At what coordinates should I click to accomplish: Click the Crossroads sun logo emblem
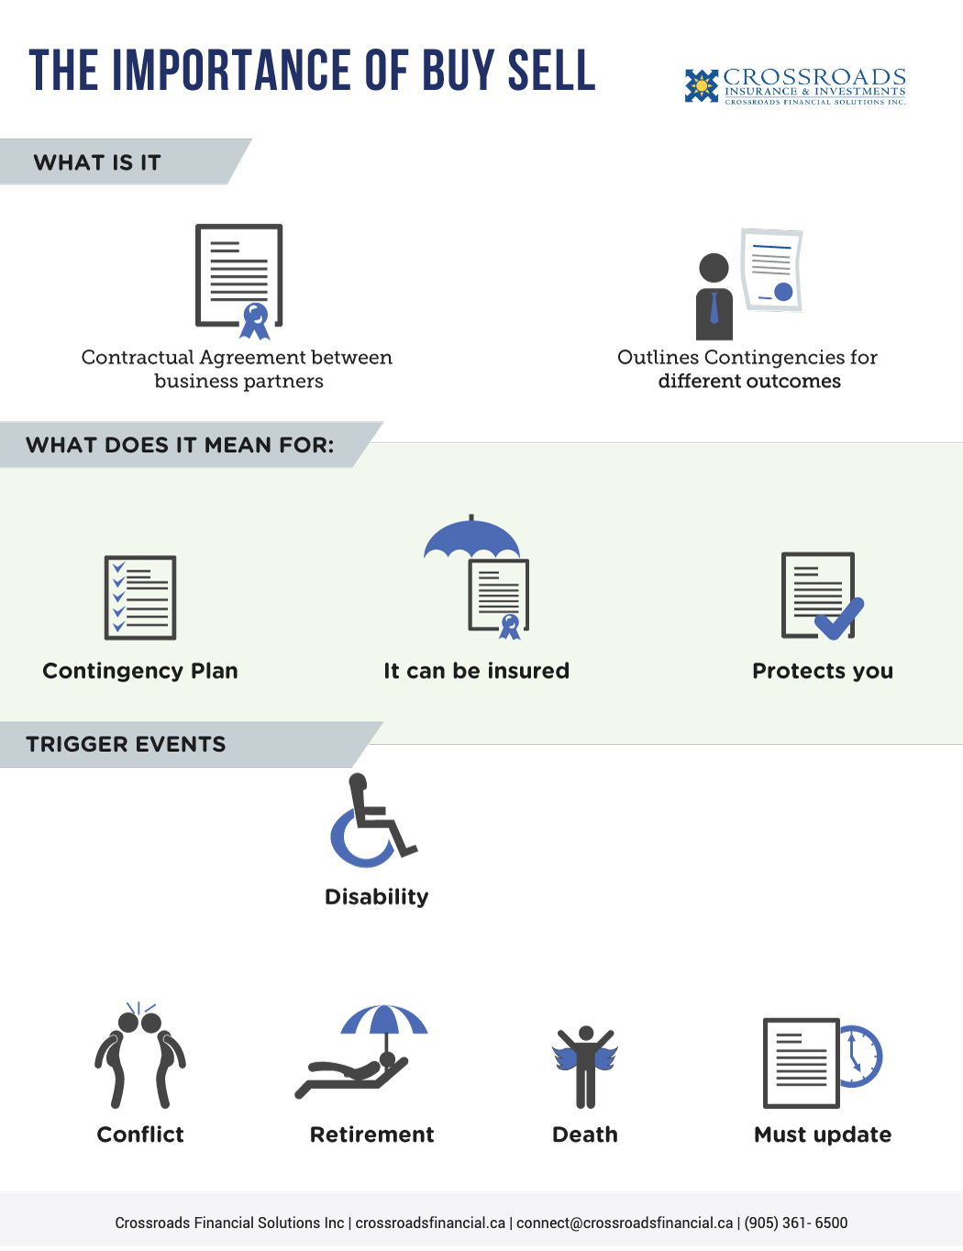tap(701, 86)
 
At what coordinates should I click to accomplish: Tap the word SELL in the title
tap(551, 71)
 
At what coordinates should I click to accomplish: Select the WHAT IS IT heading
tap(96, 163)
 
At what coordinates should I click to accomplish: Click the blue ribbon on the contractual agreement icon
tap(255, 321)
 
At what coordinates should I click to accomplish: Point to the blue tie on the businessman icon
tap(714, 307)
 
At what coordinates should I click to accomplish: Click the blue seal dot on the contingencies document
tap(783, 292)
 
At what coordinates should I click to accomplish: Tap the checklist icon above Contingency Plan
tap(140, 598)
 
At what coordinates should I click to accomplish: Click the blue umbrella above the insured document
tap(471, 537)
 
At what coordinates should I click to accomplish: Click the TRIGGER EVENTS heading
tap(126, 745)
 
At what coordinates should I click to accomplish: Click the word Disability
tap(376, 896)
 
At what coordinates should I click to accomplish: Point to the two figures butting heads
tap(140, 1056)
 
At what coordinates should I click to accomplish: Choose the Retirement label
tap(371, 1135)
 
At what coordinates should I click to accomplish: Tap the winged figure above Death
tap(585, 1067)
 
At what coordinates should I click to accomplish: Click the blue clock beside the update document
tap(860, 1057)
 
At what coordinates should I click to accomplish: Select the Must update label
tap(823, 1135)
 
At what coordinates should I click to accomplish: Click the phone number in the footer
tap(795, 1223)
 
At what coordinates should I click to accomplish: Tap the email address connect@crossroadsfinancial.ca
tap(625, 1223)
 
